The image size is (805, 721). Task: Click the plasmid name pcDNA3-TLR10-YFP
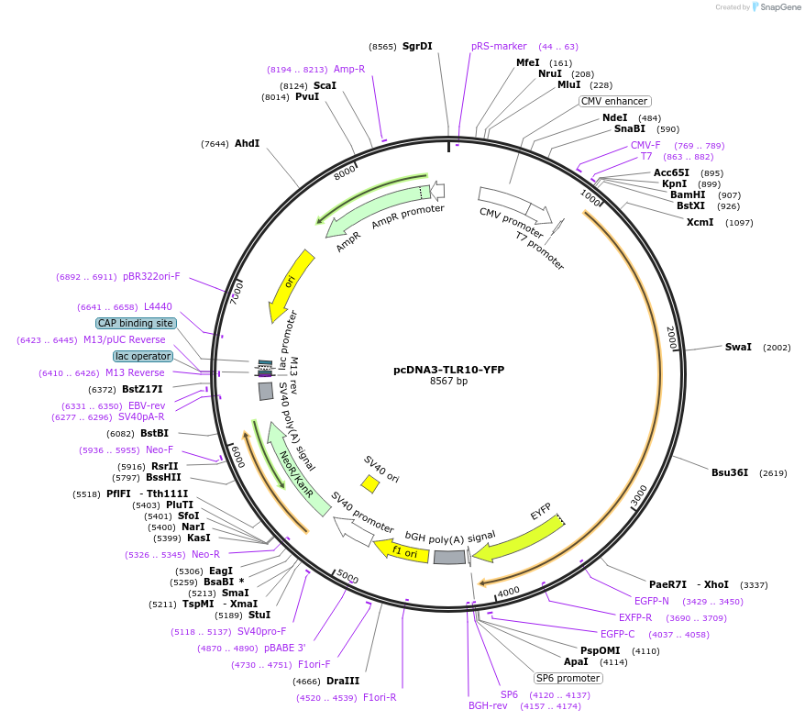click(448, 370)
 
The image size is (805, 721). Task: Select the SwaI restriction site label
click(737, 348)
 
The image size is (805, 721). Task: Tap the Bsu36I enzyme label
click(730, 473)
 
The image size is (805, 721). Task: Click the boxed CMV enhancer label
click(614, 101)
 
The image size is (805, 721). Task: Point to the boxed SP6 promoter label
click(568, 678)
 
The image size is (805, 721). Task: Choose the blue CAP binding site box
click(135, 323)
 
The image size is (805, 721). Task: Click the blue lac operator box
click(143, 356)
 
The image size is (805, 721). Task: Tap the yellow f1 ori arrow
click(402, 551)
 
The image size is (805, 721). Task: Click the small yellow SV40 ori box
click(370, 483)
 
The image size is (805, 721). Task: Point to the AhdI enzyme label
click(247, 143)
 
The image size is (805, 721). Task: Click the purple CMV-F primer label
click(645, 145)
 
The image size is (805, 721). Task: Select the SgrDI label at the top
click(417, 46)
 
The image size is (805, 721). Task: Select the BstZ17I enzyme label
click(142, 390)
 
